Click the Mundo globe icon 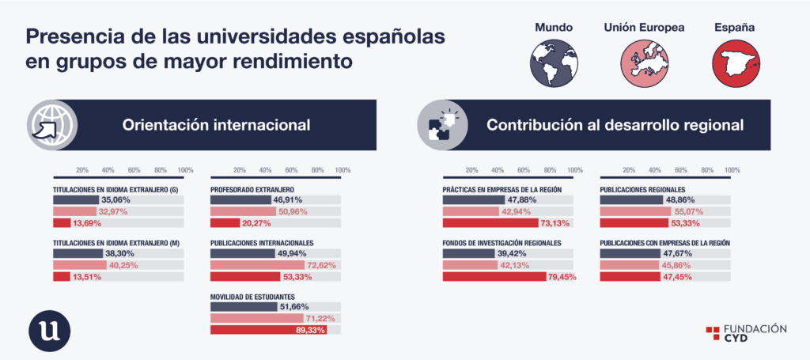[x=554, y=63]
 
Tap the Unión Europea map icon [x=644, y=63]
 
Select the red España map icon [x=736, y=63]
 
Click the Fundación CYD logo [x=746, y=333]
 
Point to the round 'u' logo [x=50, y=331]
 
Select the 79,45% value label [x=561, y=278]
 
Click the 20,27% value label [x=256, y=223]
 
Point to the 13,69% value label [x=86, y=223]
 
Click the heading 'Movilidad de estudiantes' [x=252, y=297]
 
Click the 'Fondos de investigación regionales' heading [x=502, y=243]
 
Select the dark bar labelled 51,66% [x=244, y=307]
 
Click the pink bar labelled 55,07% [x=635, y=211]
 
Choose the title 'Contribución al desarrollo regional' [x=615, y=125]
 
